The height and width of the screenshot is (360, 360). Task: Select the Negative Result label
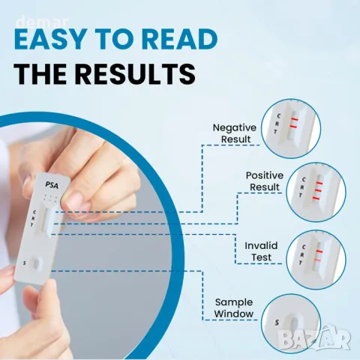click(x=235, y=133)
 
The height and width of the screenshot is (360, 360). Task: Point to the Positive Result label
click(x=265, y=181)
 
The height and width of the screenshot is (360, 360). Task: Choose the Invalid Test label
click(x=261, y=251)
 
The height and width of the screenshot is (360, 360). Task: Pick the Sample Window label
click(x=234, y=308)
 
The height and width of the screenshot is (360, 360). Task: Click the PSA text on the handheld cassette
click(x=52, y=185)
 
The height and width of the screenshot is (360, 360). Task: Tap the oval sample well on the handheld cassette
click(x=37, y=264)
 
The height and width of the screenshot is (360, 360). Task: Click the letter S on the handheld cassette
click(x=24, y=263)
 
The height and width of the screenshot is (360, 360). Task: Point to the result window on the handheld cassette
click(x=46, y=220)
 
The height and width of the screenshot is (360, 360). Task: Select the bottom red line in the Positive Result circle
click(x=316, y=199)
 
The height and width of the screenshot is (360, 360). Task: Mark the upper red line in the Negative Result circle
click(x=295, y=119)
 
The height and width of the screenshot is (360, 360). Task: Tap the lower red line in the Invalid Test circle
click(x=317, y=260)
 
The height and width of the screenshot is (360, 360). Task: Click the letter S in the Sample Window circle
click(x=277, y=322)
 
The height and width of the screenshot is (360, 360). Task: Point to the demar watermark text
click(x=43, y=22)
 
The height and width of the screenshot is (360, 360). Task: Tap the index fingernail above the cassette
click(x=76, y=201)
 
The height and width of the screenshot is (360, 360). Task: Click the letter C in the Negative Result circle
click(x=279, y=116)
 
